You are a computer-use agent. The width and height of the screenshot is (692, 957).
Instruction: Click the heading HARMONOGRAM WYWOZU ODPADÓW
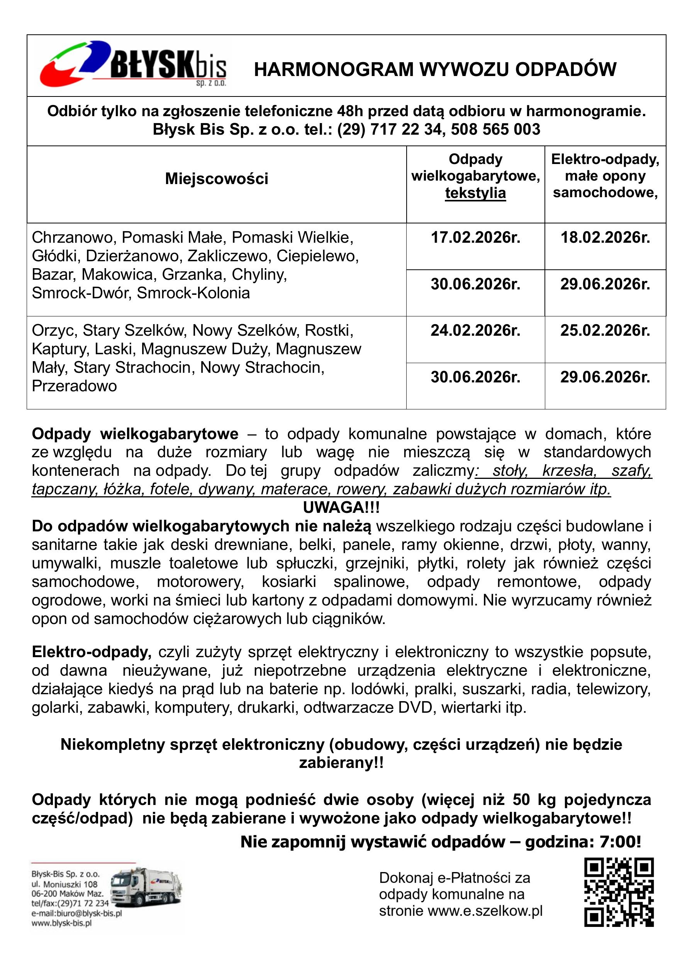click(435, 69)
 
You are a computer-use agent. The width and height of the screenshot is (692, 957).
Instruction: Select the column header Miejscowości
click(217, 179)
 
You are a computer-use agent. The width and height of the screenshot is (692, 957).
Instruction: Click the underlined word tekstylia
click(475, 193)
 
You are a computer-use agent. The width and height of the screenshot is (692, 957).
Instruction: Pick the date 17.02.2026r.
click(475, 238)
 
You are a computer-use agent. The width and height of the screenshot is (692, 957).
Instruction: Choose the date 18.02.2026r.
click(605, 238)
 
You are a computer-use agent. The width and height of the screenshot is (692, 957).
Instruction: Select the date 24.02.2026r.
click(475, 330)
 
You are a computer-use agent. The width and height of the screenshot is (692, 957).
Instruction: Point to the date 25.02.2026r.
click(605, 330)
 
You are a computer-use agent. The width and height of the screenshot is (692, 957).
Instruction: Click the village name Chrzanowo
click(74, 238)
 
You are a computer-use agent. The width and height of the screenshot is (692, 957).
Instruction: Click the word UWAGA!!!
click(341, 507)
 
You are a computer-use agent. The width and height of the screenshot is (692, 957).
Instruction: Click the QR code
click(619, 893)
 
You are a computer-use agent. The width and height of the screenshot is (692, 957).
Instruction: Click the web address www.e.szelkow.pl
click(485, 911)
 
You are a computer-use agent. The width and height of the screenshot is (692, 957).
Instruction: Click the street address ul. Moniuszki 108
click(64, 884)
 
